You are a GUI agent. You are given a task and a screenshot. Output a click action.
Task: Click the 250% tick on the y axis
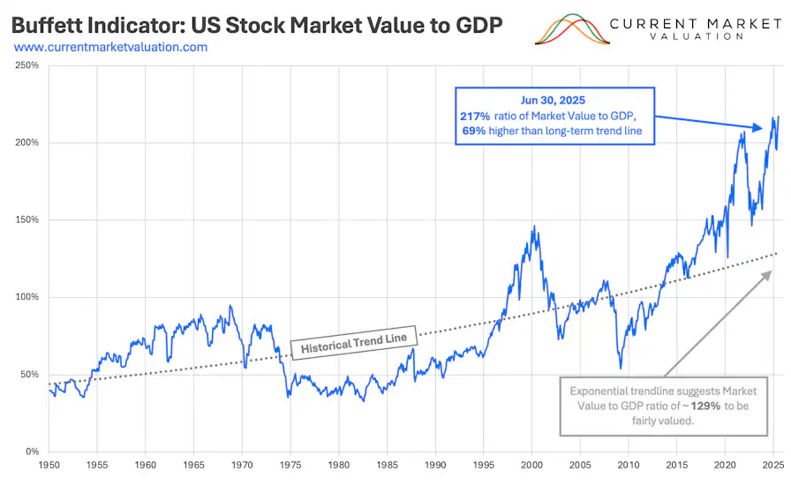(26, 65)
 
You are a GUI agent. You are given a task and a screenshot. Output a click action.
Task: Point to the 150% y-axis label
(26, 220)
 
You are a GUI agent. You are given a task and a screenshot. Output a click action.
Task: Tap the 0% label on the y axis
(29, 452)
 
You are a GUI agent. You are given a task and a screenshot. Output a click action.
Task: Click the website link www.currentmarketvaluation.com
(110, 47)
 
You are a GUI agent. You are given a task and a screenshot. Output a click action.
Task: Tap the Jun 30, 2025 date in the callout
(554, 100)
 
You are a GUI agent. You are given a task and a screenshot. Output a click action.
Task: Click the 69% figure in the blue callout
(475, 132)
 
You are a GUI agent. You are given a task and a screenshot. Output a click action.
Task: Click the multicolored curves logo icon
(574, 29)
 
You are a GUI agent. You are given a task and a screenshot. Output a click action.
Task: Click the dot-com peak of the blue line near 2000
(533, 227)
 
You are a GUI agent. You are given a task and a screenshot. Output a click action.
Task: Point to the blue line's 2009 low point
(621, 368)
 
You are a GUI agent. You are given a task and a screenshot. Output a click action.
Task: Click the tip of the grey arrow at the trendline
(770, 270)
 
